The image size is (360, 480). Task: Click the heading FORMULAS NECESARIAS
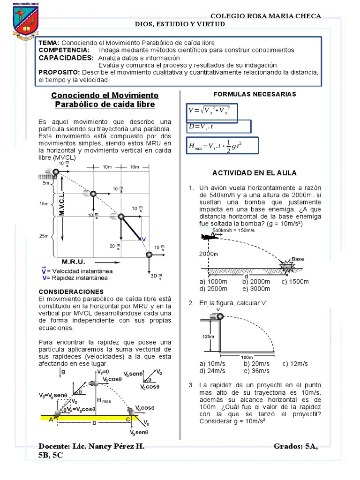pos(255,94)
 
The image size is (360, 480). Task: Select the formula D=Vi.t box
pos(218,127)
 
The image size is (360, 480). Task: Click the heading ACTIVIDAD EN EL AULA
pos(255,173)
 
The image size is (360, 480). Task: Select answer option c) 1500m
pos(295,281)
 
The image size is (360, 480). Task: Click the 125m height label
pos(209,336)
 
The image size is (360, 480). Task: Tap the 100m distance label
pos(247,357)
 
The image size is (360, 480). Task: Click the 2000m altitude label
pos(209,254)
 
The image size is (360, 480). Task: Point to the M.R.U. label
pos(74,261)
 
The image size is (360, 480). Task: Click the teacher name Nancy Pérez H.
pos(110,447)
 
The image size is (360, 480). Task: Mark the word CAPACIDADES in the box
pos(66,57)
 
